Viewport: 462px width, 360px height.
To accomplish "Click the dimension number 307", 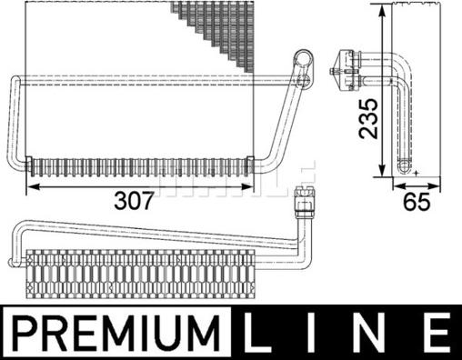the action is click(134, 201).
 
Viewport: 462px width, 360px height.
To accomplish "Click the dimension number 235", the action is click(369, 118).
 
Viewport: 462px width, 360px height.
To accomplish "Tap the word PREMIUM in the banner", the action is click(117, 332).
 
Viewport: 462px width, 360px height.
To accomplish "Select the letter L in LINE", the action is click(258, 332).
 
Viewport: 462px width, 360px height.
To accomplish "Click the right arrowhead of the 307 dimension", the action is click(246, 187).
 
